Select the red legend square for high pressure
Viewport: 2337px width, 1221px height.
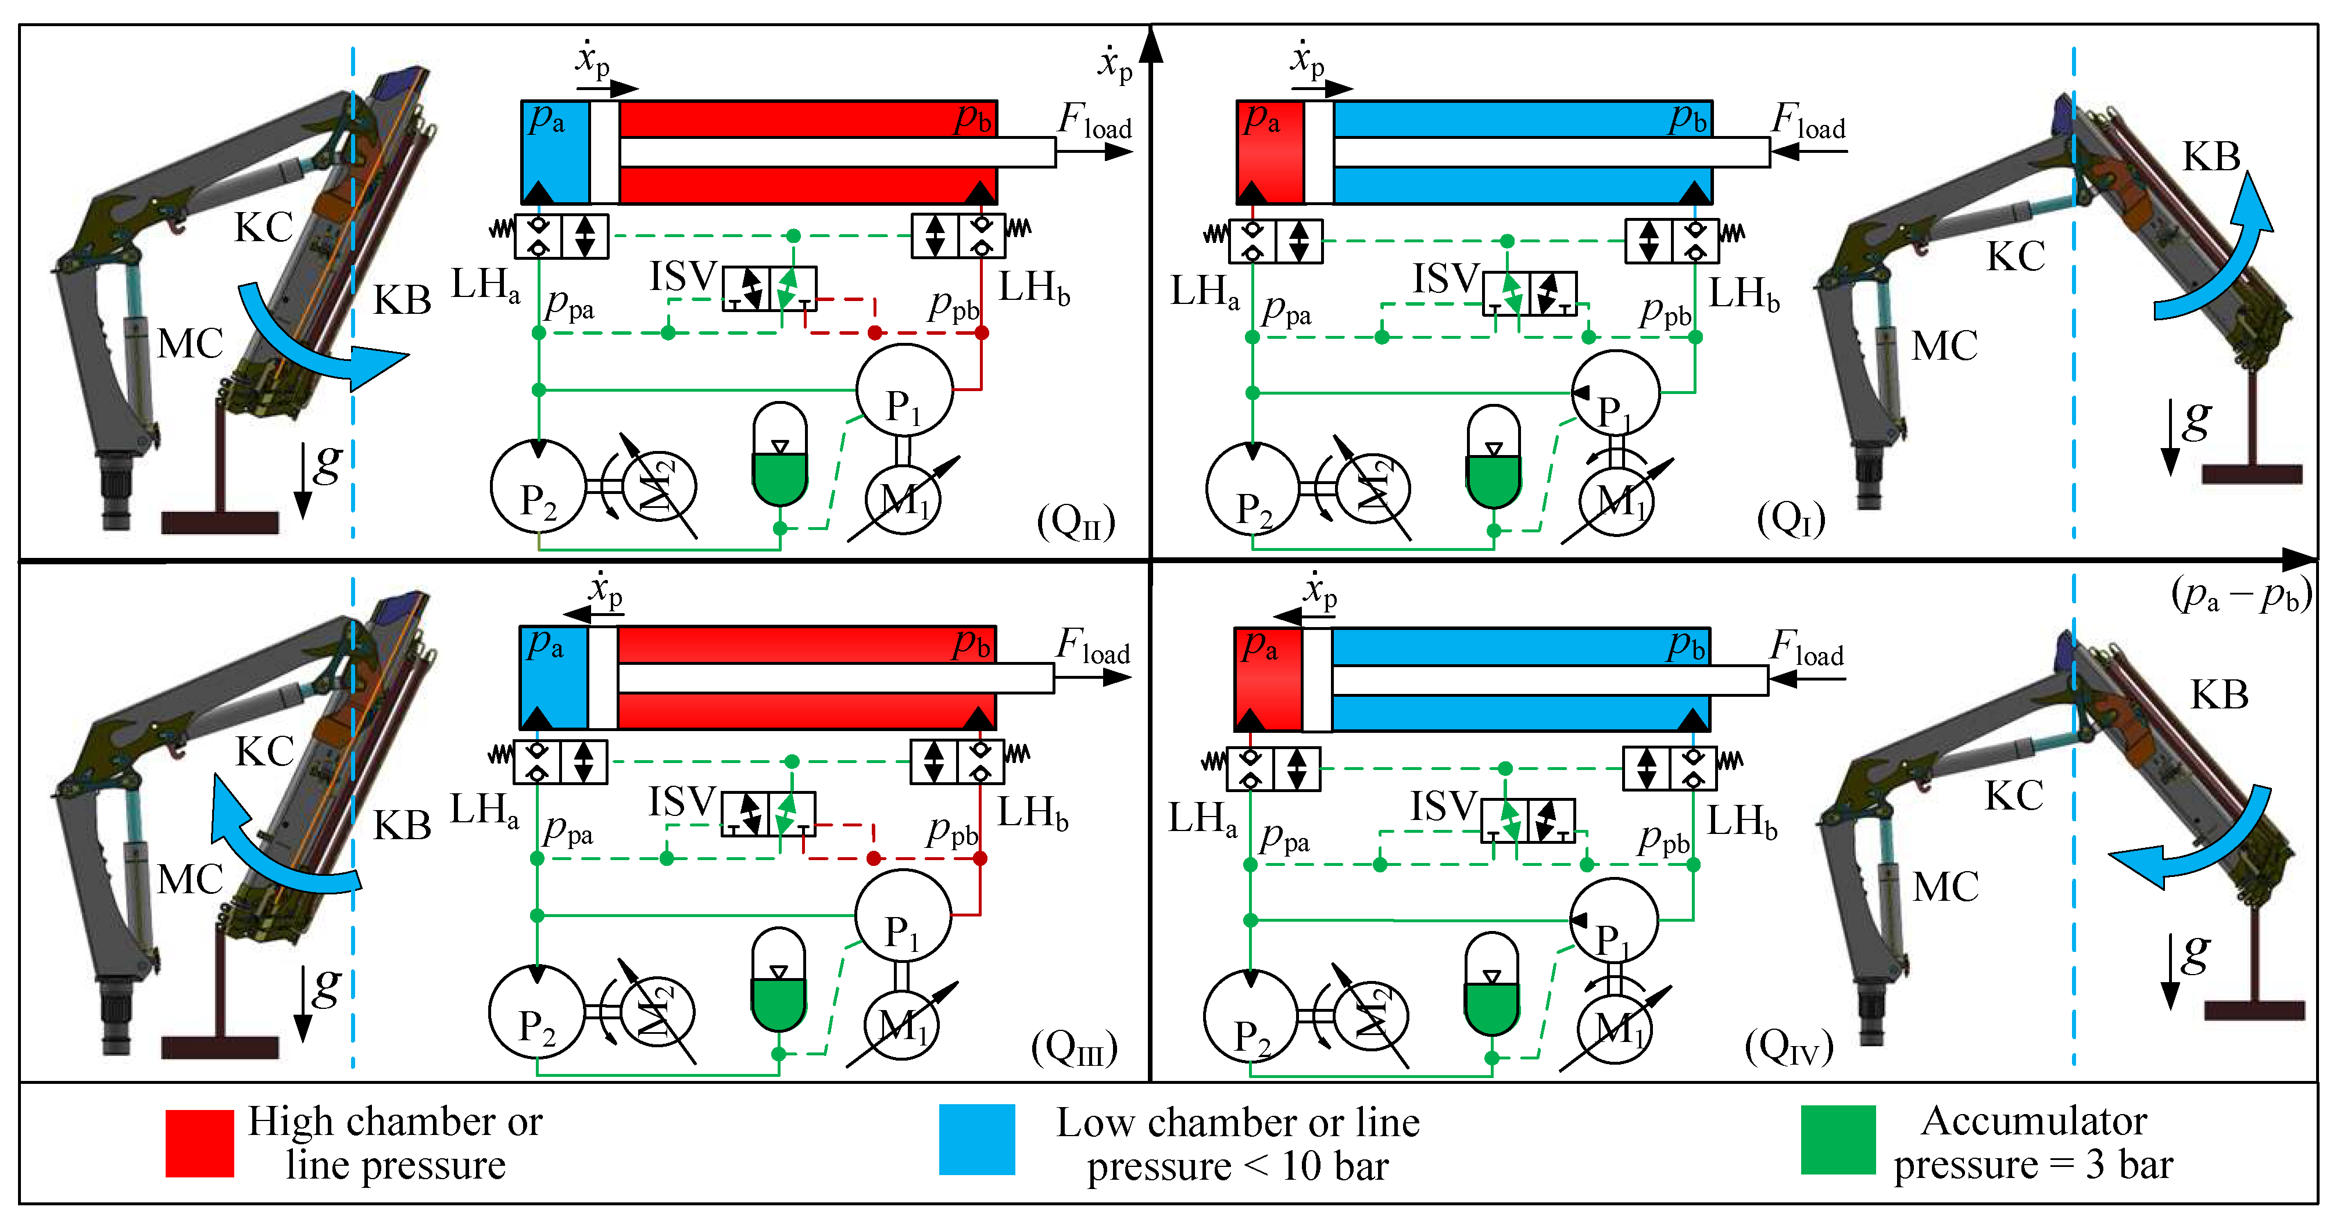pyautogui.click(x=199, y=1143)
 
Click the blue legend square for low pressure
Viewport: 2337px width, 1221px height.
pyautogui.click(x=976, y=1140)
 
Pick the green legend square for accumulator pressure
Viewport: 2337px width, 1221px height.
pyautogui.click(x=1838, y=1140)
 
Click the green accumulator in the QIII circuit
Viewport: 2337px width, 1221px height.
pyautogui.click(x=778, y=982)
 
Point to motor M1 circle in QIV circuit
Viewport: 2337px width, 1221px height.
pyautogui.click(x=1615, y=1029)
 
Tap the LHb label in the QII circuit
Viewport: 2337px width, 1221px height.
pyautogui.click(x=1034, y=288)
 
